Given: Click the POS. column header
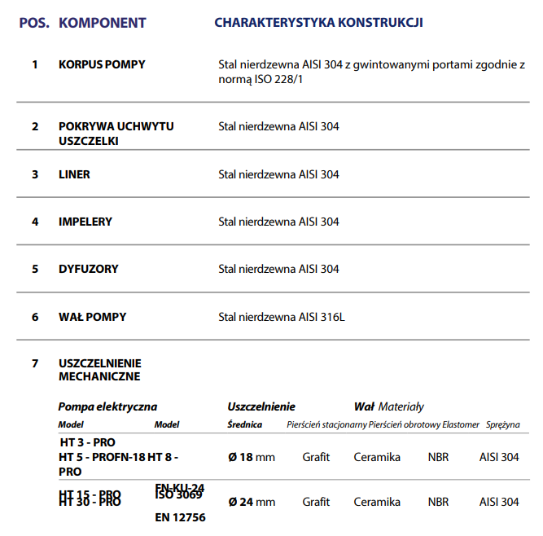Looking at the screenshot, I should pyautogui.click(x=34, y=22).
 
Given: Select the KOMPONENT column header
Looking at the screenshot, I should pyautogui.click(x=103, y=22).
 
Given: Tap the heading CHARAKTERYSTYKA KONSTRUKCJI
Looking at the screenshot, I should pyautogui.click(x=318, y=22).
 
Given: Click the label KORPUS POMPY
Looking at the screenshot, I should pyautogui.click(x=102, y=64).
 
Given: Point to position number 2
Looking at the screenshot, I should pyautogui.click(x=35, y=126).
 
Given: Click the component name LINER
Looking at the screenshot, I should pyautogui.click(x=74, y=174).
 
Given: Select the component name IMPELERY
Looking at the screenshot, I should pyautogui.click(x=85, y=222).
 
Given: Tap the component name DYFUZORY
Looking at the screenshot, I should pyautogui.click(x=88, y=269).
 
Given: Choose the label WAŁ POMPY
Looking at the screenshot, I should pyautogui.click(x=92, y=316).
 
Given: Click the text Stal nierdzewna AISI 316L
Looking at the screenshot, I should pyautogui.click(x=282, y=317).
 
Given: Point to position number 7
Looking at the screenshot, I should pyautogui.click(x=35, y=363).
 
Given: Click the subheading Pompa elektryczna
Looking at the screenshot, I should pyautogui.click(x=107, y=406).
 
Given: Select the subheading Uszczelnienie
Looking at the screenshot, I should pyautogui.click(x=261, y=406).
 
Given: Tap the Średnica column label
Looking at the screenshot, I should pyautogui.click(x=244, y=424).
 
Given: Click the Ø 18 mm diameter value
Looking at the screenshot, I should pyautogui.click(x=252, y=457).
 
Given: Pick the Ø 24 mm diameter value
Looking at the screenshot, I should pyautogui.click(x=252, y=502).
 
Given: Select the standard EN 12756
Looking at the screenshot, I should pyautogui.click(x=180, y=517).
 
